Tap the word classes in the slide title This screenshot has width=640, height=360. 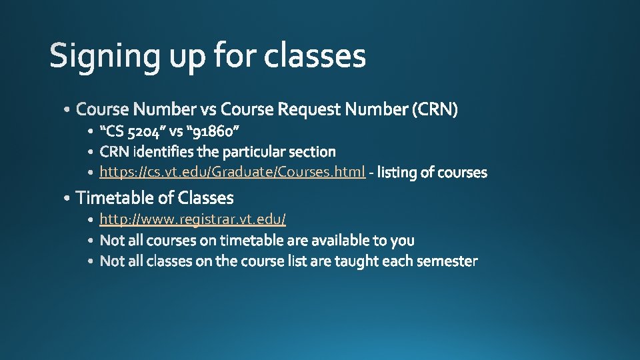tap(315, 56)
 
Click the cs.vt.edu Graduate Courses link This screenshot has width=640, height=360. tap(232, 173)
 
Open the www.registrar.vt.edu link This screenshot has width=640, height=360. tap(193, 219)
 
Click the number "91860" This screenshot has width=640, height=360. tap(221, 130)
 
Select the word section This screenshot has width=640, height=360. tap(313, 151)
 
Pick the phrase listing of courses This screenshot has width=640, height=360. tap(432, 173)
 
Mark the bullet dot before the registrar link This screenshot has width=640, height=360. tap(91, 219)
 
